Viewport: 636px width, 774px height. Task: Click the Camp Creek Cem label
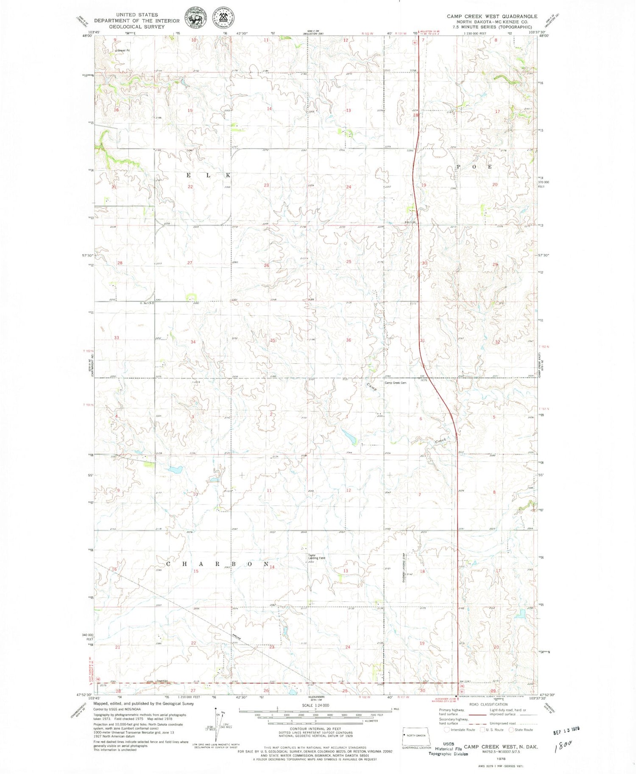coord(395,383)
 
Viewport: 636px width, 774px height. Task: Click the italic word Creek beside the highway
coord(441,441)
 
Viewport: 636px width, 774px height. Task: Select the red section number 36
coord(349,340)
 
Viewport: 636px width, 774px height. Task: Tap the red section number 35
coord(273,340)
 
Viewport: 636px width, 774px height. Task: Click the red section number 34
coord(193,342)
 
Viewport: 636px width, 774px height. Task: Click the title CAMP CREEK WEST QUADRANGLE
coord(491,16)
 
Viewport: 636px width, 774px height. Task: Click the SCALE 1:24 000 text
coord(315,705)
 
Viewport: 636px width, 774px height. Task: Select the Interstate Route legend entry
coord(460,730)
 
